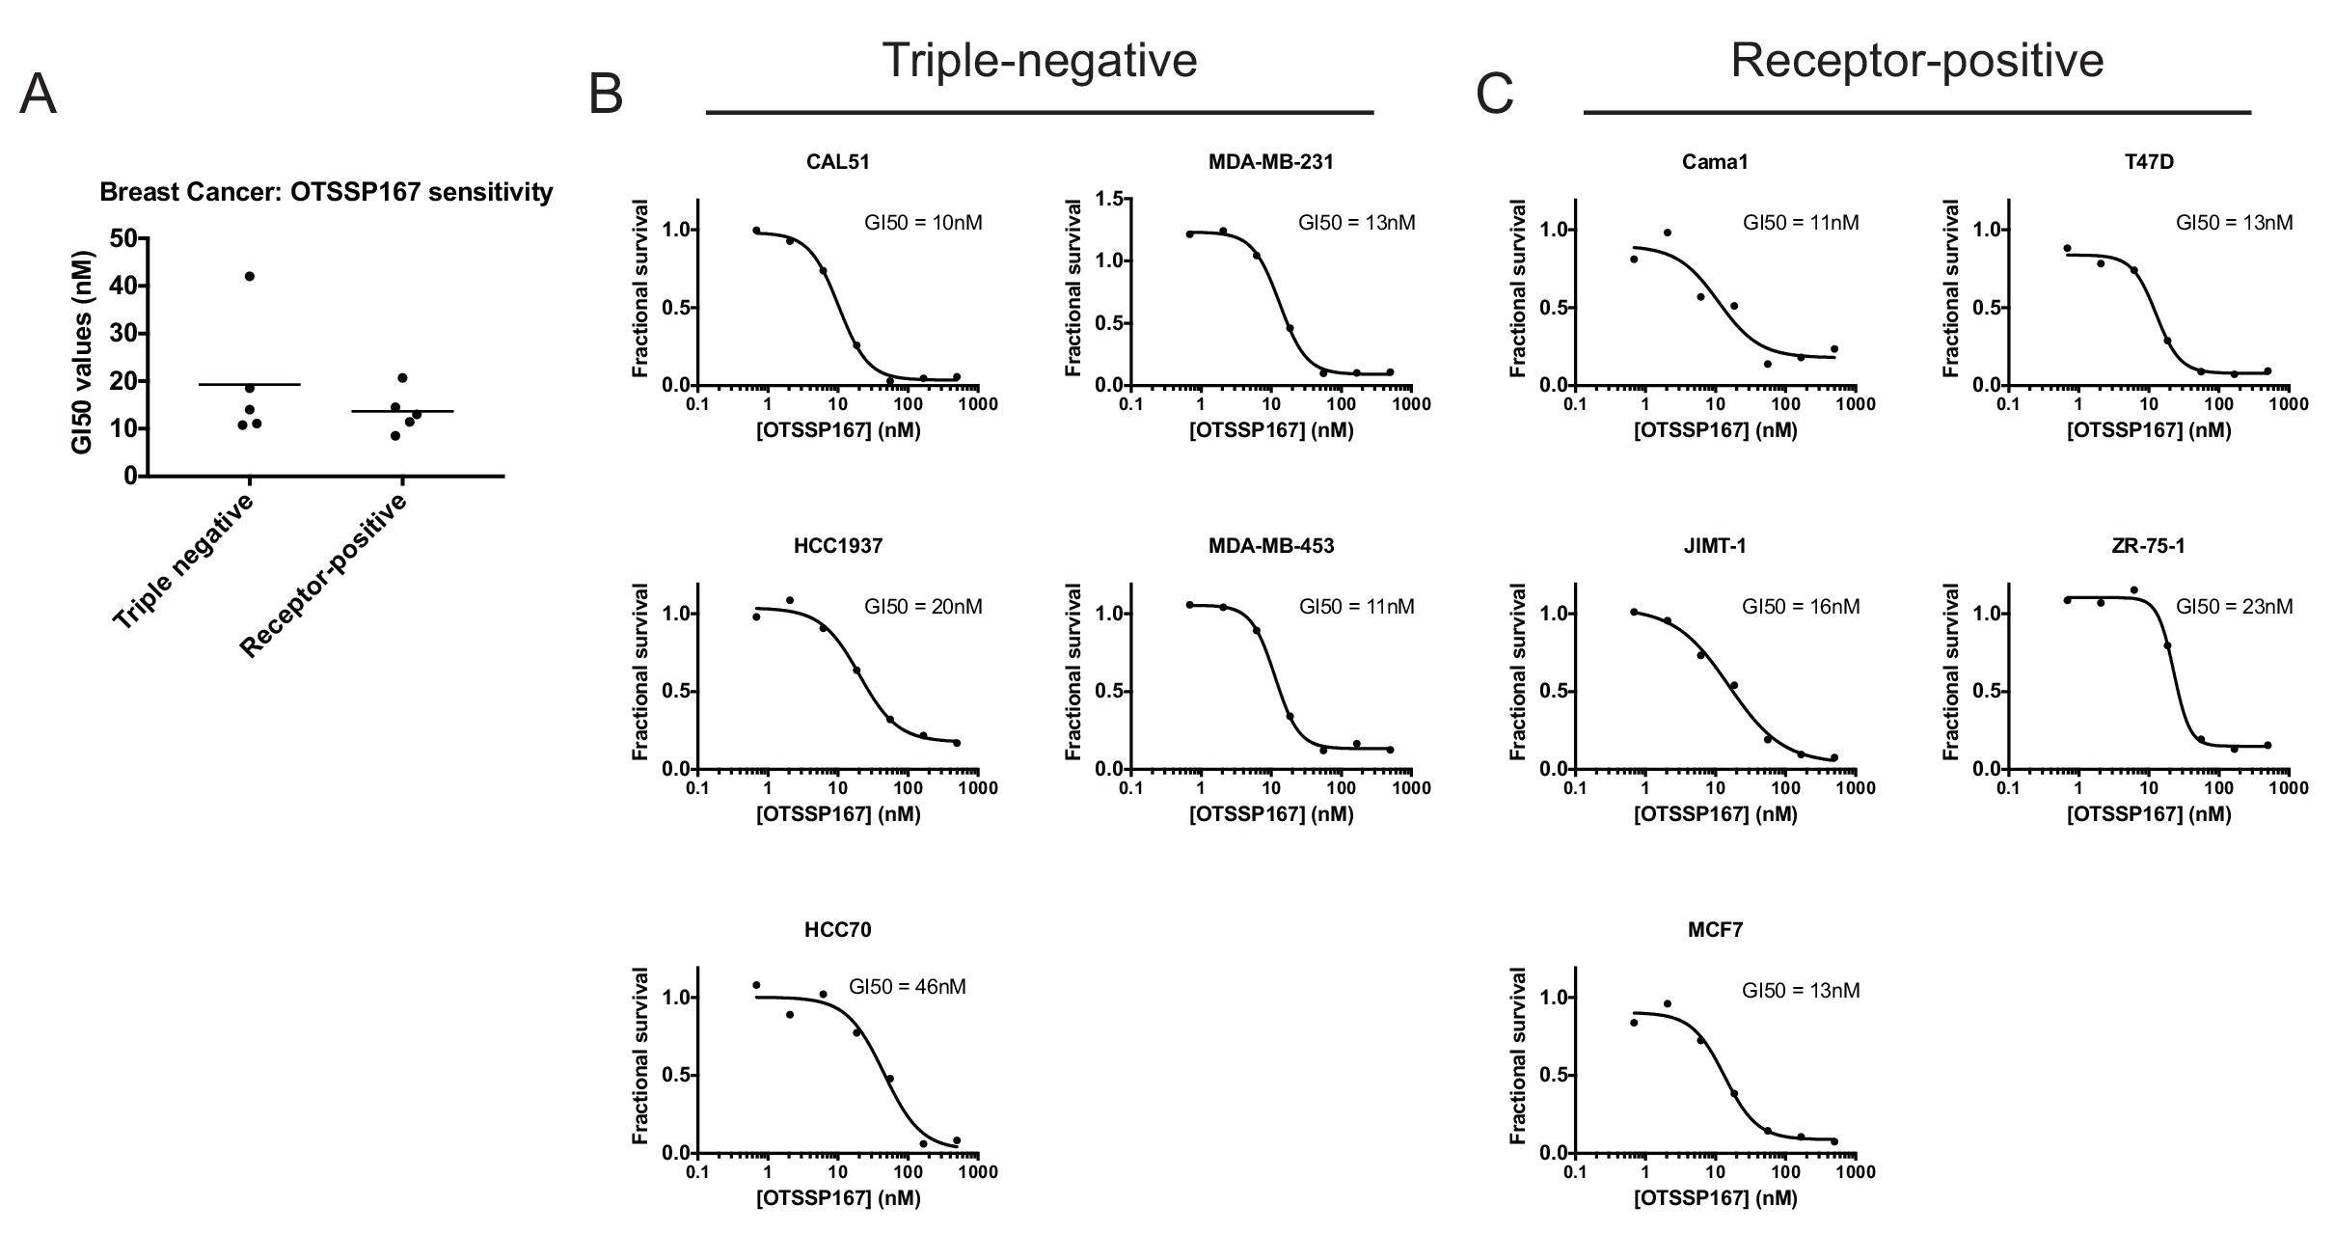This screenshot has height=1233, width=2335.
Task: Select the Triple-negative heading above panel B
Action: pyautogui.click(x=1039, y=61)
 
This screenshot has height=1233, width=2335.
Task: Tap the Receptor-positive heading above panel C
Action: pyautogui.click(x=1916, y=61)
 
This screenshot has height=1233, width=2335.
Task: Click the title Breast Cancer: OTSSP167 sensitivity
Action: pyautogui.click(x=326, y=193)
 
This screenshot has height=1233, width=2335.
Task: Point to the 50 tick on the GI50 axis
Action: pyautogui.click(x=122, y=238)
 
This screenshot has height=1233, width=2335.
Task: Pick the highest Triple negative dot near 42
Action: pyautogui.click(x=250, y=277)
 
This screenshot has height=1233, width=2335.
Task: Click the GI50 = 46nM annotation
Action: pyautogui.click(x=907, y=987)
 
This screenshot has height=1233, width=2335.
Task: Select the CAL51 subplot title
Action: pyautogui.click(x=837, y=163)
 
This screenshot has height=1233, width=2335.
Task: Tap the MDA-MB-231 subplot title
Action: pyautogui.click(x=1270, y=163)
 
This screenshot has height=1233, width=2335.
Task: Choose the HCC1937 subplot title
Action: pyautogui.click(x=837, y=547)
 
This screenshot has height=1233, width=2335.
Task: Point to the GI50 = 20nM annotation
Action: pyautogui.click(x=923, y=607)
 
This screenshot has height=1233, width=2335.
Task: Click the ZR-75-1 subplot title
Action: pyautogui.click(x=2148, y=547)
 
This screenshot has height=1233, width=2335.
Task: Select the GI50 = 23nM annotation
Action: pyautogui.click(x=2234, y=607)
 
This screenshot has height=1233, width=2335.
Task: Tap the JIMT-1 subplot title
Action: pyautogui.click(x=1715, y=547)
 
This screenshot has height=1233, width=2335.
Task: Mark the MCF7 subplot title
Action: pyautogui.click(x=1715, y=931)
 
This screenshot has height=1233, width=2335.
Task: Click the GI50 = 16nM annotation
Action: pyautogui.click(x=1800, y=607)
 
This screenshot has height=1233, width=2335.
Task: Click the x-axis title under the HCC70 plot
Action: pyautogui.click(x=837, y=1199)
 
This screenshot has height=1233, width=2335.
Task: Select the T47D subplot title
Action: pyautogui.click(x=2148, y=163)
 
